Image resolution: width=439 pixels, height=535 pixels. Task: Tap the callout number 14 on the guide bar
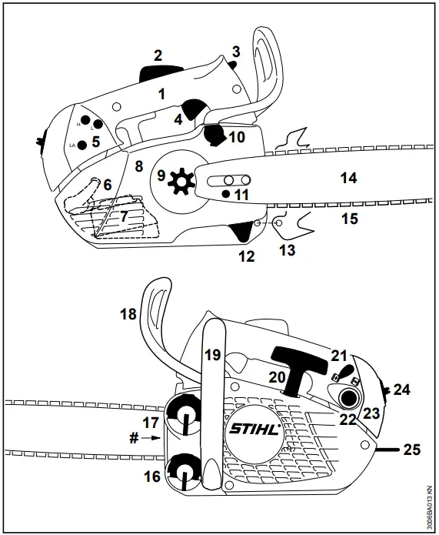click(348, 179)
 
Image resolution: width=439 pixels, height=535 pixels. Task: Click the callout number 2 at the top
click(158, 55)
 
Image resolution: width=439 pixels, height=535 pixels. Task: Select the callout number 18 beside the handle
click(128, 314)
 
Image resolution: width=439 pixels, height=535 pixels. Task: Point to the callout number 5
click(95, 142)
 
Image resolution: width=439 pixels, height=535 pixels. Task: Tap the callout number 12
click(246, 256)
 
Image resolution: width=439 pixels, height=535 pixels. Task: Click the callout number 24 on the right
click(402, 390)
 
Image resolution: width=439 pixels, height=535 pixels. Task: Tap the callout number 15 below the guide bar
click(349, 219)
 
